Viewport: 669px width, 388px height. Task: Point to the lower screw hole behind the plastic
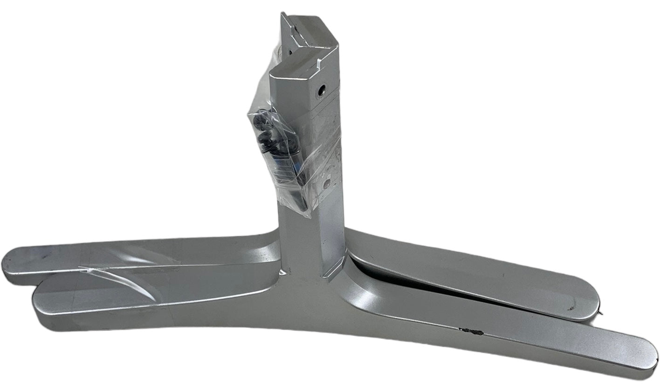tap(326, 184)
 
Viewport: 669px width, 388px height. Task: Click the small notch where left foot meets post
tap(282, 271)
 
